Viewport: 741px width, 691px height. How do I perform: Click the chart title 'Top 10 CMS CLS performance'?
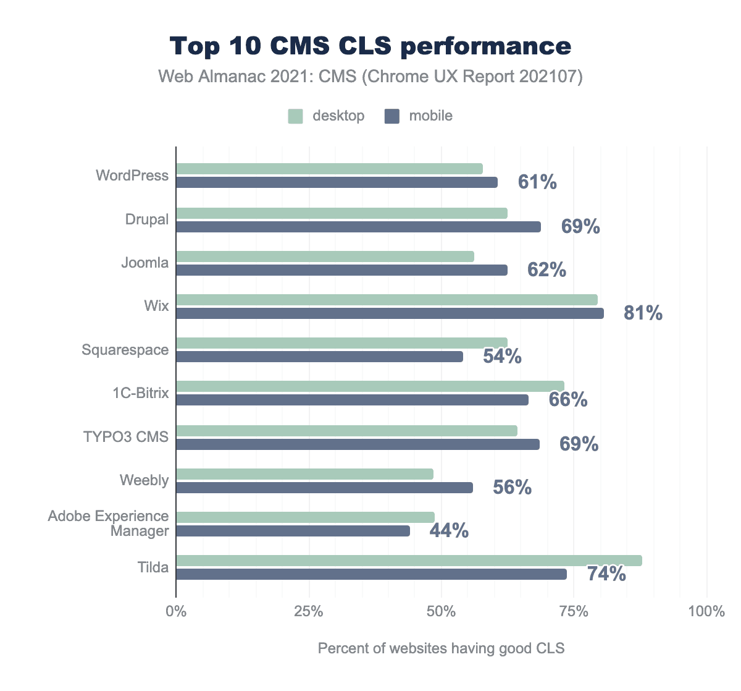pyautogui.click(x=371, y=46)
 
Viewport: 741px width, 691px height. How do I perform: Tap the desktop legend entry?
pyautogui.click(x=327, y=116)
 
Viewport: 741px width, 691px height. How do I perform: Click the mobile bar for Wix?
pyautogui.click(x=390, y=313)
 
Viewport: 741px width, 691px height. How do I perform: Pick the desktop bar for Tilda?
pyautogui.click(x=409, y=561)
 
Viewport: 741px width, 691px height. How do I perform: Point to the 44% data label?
pyautogui.click(x=449, y=531)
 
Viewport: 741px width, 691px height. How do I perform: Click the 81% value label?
pyautogui.click(x=643, y=313)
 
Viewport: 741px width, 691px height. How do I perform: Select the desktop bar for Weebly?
pyautogui.click(x=304, y=474)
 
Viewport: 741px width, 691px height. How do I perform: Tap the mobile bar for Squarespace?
pyautogui.click(x=319, y=357)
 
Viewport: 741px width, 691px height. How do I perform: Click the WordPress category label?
pyautogui.click(x=132, y=176)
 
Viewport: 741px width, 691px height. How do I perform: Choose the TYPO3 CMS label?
pyautogui.click(x=126, y=437)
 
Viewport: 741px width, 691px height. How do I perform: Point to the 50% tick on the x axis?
pyautogui.click(x=442, y=612)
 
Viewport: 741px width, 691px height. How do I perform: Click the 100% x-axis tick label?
pyautogui.click(x=706, y=612)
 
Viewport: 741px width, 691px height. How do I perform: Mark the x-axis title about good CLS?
pyautogui.click(x=441, y=648)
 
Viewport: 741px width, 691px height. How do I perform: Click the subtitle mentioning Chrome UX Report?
pyautogui.click(x=371, y=77)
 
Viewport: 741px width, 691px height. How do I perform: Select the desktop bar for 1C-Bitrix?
pyautogui.click(x=370, y=386)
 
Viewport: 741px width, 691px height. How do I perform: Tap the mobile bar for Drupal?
pyautogui.click(x=358, y=227)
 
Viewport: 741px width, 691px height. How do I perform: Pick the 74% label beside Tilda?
pyautogui.click(x=606, y=574)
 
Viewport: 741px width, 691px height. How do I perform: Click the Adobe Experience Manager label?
pyautogui.click(x=109, y=524)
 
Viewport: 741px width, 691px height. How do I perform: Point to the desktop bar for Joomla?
pyautogui.click(x=325, y=256)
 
